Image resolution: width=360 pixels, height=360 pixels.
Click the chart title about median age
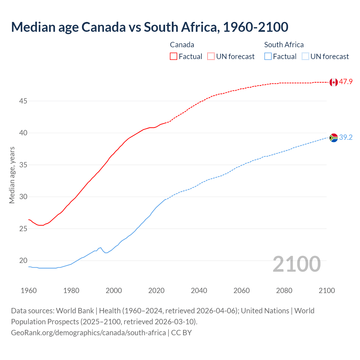click(x=150, y=27)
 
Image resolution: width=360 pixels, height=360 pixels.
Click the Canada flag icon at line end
click(x=334, y=82)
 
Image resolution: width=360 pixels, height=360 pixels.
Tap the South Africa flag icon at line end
click(x=334, y=138)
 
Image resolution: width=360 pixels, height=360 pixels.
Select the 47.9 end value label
click(x=346, y=82)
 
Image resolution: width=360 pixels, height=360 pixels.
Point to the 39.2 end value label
click(x=346, y=137)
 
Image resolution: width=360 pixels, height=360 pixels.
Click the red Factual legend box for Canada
click(x=174, y=56)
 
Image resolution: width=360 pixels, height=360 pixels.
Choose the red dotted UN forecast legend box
click(x=211, y=56)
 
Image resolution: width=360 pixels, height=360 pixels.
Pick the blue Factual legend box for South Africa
click(x=268, y=56)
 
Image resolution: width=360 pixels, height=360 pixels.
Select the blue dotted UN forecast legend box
click(x=305, y=56)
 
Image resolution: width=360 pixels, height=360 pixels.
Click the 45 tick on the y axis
click(x=23, y=101)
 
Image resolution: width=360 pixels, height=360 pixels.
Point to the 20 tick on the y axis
click(x=23, y=260)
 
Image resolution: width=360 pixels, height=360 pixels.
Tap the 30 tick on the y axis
click(x=23, y=197)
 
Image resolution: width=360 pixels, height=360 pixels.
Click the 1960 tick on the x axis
click(x=29, y=291)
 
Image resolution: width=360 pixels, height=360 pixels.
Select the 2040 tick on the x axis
click(x=199, y=291)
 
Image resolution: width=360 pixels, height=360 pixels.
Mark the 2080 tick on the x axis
click(x=284, y=291)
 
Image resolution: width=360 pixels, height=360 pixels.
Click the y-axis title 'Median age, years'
click(x=12, y=175)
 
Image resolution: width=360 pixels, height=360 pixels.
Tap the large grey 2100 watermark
click(x=297, y=264)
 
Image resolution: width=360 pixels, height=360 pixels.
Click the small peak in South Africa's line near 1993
click(x=100, y=247)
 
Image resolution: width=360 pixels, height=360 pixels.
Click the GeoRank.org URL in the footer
click(x=88, y=332)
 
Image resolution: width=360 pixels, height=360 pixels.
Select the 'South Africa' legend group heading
click(x=284, y=45)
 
